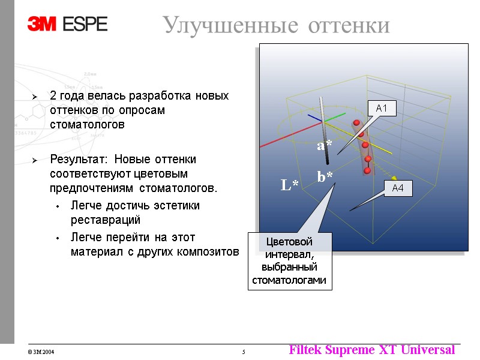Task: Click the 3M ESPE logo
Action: coord(67,23)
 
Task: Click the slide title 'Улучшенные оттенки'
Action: coord(276,25)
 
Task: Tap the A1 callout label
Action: coord(382,109)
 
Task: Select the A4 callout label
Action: coord(398,188)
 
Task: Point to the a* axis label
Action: coord(324,145)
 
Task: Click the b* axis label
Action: coord(326,176)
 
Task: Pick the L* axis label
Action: coord(290,185)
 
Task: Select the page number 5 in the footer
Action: coord(243,352)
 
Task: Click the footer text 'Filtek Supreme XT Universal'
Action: coord(371,350)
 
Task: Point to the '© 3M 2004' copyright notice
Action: coord(41,352)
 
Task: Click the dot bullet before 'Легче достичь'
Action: coord(57,206)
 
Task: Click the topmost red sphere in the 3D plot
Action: coord(356,123)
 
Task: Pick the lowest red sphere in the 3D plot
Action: coord(367,170)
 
